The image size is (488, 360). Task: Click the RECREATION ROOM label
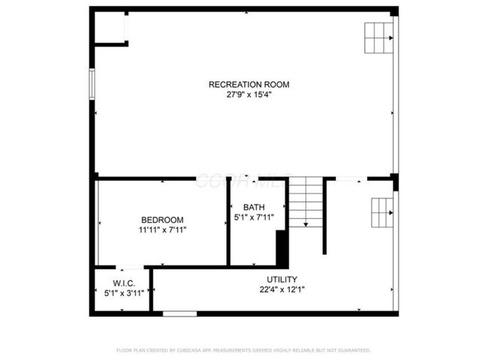249,85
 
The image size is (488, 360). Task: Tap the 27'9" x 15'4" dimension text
249,95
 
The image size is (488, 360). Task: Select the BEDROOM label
162,219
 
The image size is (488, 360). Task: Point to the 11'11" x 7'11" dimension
162,229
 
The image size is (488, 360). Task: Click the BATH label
254,207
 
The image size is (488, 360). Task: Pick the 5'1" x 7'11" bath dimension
254,217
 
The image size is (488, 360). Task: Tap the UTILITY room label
282,279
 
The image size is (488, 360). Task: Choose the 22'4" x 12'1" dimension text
282,289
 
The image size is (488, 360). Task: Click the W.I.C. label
124,283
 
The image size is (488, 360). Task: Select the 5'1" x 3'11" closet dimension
124,293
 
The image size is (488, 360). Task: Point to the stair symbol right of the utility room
381,214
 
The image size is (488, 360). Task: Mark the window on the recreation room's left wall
92,83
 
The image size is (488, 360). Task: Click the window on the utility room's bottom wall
179,313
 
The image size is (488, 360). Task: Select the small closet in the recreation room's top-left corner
110,27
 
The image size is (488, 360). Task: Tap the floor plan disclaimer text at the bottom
243,349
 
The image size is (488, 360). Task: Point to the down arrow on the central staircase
306,223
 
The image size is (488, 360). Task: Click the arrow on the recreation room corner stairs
390,37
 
